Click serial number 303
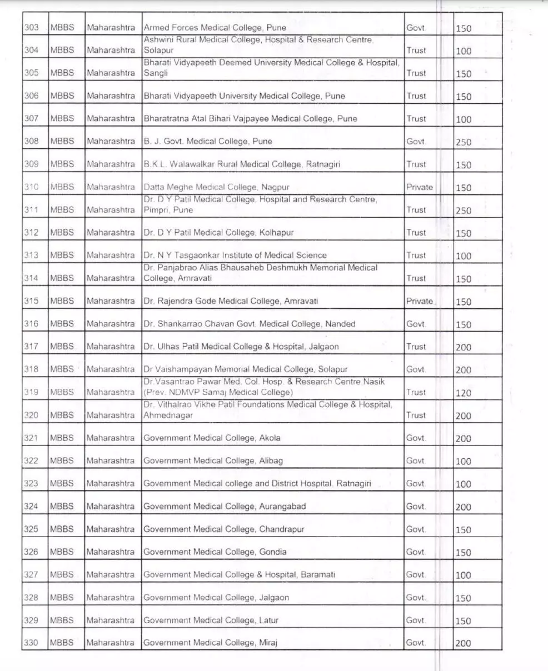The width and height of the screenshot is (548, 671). pos(31,27)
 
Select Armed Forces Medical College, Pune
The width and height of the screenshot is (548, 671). pos(215,27)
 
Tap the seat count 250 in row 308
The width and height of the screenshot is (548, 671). pos(464,142)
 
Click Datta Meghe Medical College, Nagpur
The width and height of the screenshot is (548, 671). pos(216,187)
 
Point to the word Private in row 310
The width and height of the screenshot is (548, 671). pos(419,187)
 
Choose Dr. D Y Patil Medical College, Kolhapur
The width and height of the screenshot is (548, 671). pos(218,233)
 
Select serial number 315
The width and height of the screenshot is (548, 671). pos(31,301)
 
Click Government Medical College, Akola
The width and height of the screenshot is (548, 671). pos(212,438)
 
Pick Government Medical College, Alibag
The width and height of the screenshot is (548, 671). pos(213,460)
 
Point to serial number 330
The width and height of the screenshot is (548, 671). pos(31,643)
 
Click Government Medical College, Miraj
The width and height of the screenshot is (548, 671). pos(210,643)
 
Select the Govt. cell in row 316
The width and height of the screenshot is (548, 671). pos(416,324)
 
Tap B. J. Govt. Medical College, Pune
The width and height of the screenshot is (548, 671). pos(208,141)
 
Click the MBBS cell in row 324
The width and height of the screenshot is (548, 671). pos(62,506)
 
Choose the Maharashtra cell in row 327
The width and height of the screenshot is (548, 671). pos(111,574)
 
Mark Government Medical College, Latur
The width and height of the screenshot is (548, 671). pos(211,620)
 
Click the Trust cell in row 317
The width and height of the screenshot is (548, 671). pos(416,347)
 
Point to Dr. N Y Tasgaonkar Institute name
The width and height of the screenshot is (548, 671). pos(235,256)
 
